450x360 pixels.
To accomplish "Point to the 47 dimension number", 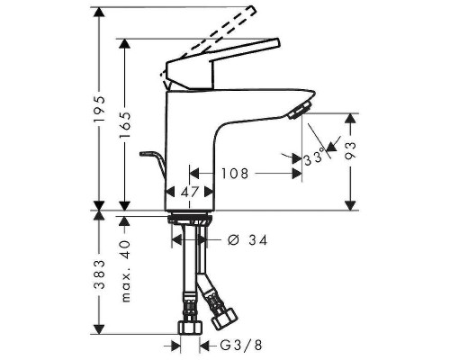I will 188,192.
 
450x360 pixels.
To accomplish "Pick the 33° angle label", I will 314,159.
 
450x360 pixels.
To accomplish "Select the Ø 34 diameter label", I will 247,239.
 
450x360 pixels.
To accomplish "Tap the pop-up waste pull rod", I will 152,163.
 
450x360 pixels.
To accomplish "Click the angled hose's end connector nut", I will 221,314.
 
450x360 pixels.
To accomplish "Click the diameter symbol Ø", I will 231,239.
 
